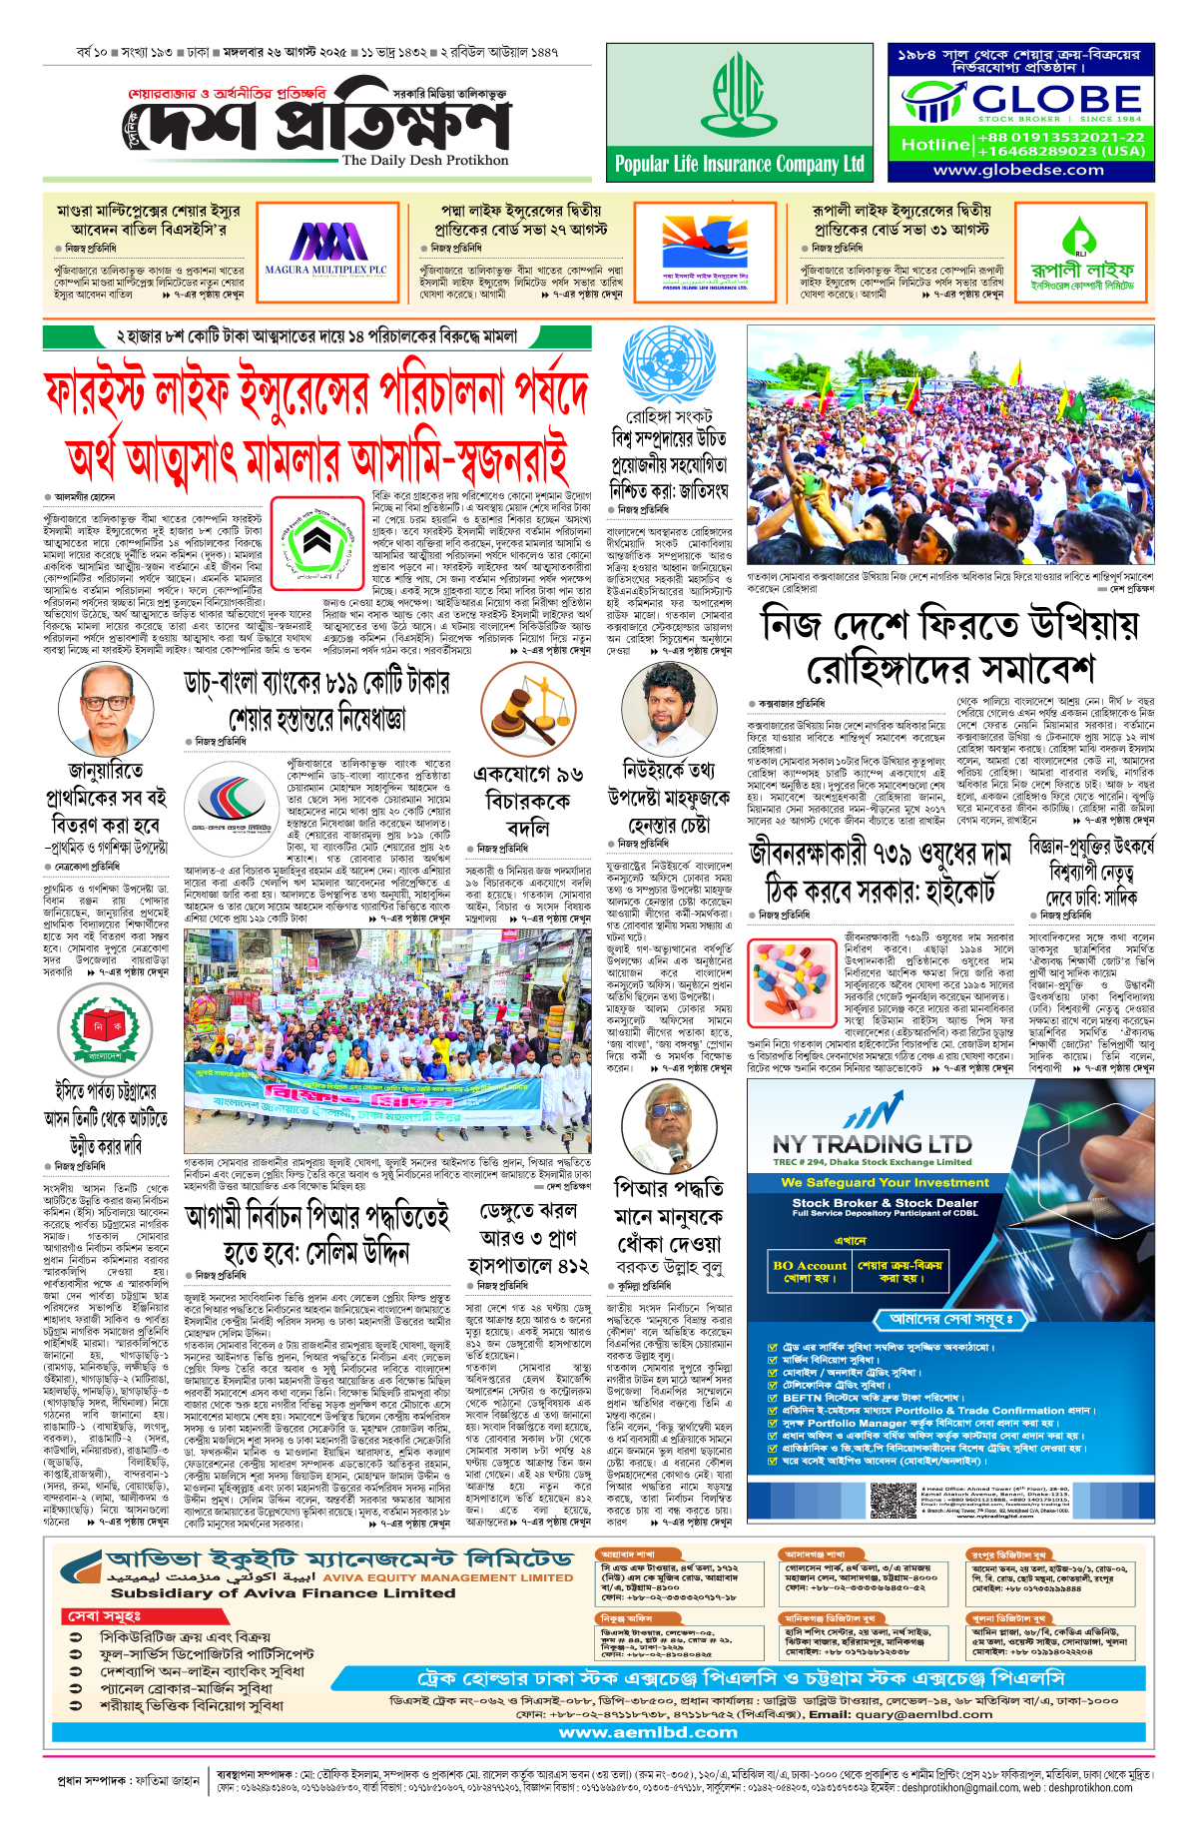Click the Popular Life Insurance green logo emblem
(740, 95)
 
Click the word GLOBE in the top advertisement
(1056, 99)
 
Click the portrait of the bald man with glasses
(105, 710)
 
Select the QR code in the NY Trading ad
(893, 1501)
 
